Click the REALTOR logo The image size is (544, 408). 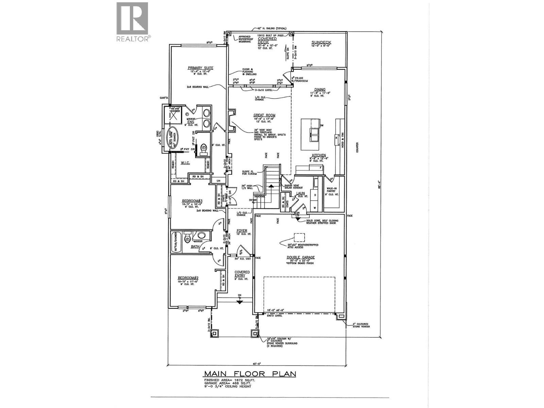132,22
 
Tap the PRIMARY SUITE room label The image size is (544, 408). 201,68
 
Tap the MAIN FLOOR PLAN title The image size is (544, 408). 250,374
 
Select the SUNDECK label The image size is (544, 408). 321,42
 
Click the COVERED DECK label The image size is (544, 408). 267,40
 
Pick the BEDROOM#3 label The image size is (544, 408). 192,201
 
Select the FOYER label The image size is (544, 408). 242,231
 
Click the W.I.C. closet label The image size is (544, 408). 185,163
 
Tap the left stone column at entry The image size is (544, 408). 214,334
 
